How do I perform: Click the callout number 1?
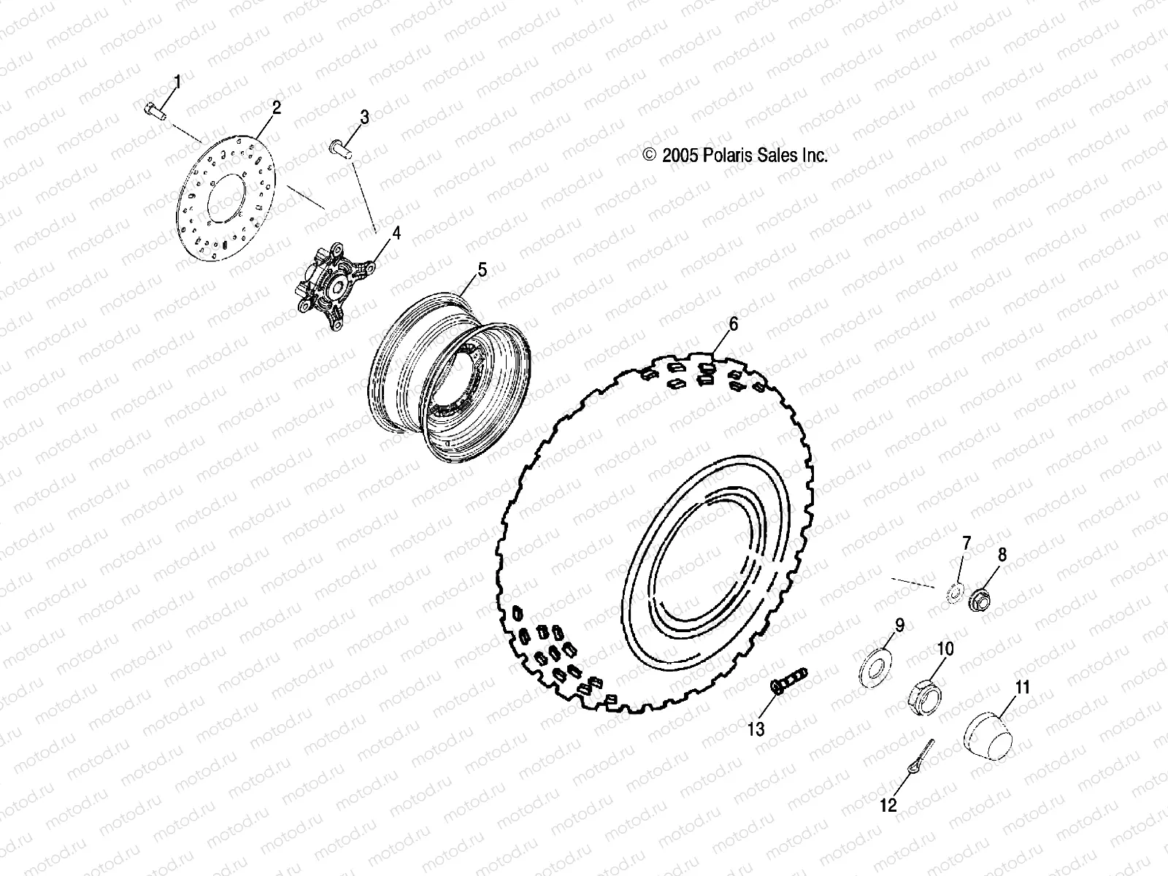176,80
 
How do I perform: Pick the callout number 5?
482,269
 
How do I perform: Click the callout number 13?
756,728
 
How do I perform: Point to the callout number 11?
1022,687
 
